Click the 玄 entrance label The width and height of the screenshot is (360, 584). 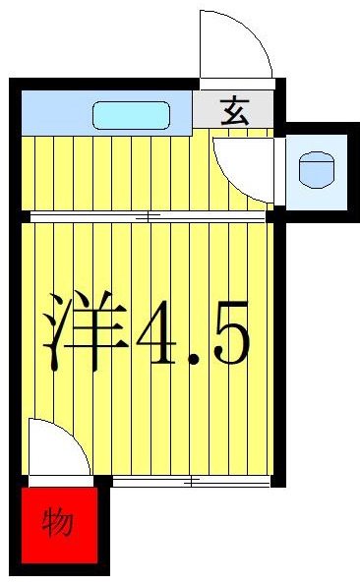[234, 111]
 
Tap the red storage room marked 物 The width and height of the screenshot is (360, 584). [59, 525]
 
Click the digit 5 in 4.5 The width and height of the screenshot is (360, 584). [231, 332]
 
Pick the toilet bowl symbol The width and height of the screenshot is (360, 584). [317, 170]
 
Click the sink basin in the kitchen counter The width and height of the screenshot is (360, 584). [131, 115]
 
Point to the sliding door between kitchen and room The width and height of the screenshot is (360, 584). [148, 216]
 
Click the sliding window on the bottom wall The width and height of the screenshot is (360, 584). [191, 481]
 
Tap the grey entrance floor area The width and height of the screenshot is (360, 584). [233, 110]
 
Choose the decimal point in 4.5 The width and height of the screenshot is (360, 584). [194, 360]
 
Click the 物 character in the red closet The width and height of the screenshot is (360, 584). [57, 523]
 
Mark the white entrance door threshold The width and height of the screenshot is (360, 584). [237, 84]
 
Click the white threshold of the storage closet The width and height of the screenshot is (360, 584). [61, 481]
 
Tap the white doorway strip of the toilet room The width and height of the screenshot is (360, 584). [280, 171]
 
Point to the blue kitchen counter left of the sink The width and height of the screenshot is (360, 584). [57, 113]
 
